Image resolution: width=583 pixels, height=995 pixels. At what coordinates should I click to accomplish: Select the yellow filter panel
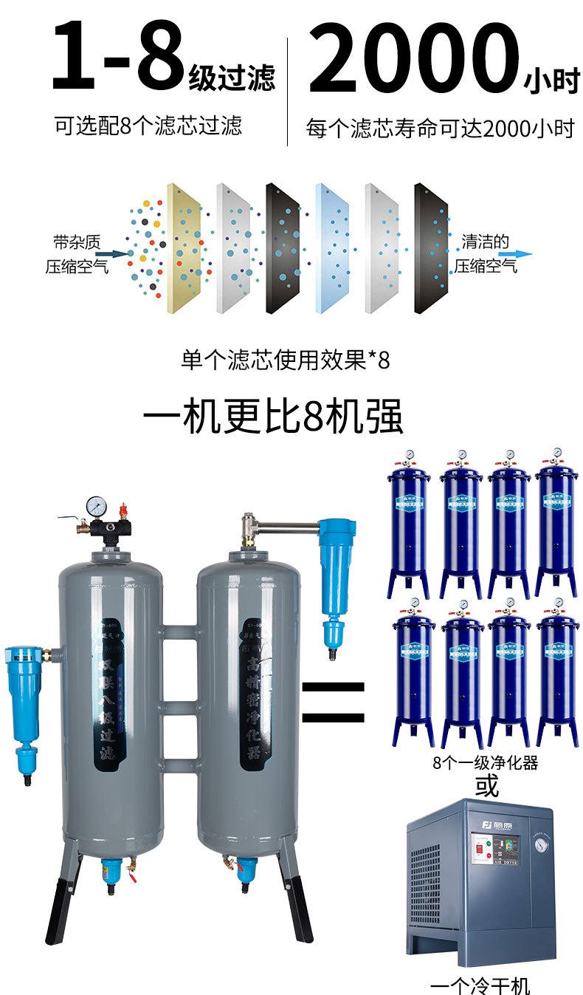click(184, 247)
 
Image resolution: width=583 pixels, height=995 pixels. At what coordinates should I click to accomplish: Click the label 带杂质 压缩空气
click(76, 254)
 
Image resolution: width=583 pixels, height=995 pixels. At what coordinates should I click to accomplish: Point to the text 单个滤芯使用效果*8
click(285, 360)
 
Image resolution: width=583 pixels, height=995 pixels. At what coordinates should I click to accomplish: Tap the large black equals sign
click(333, 702)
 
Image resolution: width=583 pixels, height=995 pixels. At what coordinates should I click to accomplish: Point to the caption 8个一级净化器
click(485, 762)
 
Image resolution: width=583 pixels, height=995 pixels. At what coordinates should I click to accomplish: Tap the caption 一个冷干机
click(480, 985)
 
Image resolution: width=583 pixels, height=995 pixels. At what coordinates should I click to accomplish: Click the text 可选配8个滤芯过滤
click(148, 126)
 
